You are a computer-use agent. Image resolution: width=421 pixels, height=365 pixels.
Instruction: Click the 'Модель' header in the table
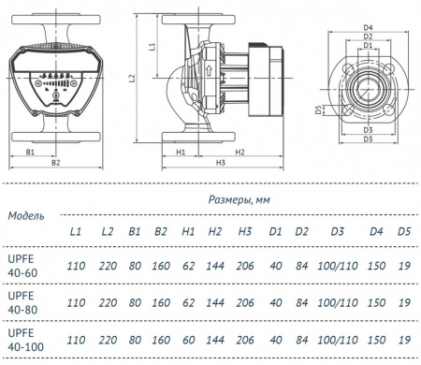(x=25, y=214)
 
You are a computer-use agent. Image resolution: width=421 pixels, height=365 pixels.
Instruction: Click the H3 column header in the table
(x=245, y=231)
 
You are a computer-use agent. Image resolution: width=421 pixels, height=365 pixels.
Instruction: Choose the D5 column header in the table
(x=404, y=231)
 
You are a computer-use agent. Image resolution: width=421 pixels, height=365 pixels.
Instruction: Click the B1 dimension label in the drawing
(x=30, y=150)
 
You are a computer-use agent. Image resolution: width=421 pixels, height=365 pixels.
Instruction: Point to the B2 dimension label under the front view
(x=56, y=163)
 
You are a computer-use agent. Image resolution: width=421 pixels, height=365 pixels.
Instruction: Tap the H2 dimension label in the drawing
(x=240, y=150)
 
